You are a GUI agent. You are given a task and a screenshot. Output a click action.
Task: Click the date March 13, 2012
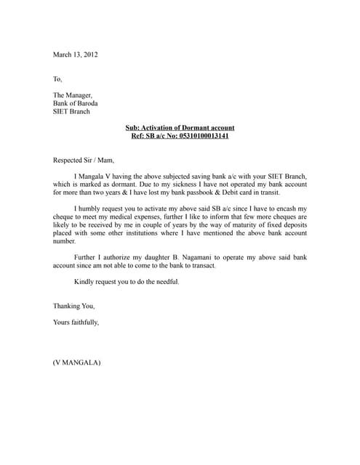[75, 54]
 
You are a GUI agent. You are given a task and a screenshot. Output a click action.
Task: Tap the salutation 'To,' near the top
[58, 78]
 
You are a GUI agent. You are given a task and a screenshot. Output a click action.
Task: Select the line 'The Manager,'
[73, 95]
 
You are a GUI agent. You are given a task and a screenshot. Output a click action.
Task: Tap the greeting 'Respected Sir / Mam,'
[84, 160]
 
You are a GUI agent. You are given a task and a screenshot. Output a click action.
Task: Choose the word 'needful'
[166, 282]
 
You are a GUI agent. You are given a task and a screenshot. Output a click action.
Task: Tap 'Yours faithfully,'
[76, 322]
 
